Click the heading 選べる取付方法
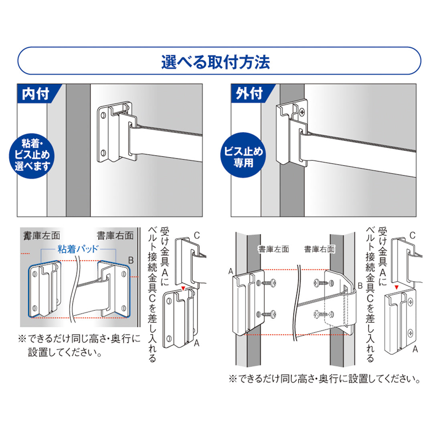click(x=216, y=62)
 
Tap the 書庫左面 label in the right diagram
click(x=273, y=249)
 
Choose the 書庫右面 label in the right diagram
click(x=320, y=249)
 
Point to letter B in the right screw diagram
click(x=360, y=286)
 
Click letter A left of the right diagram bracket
click(x=231, y=272)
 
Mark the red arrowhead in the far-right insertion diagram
click(x=396, y=287)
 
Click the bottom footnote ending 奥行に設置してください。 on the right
click(x=324, y=378)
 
